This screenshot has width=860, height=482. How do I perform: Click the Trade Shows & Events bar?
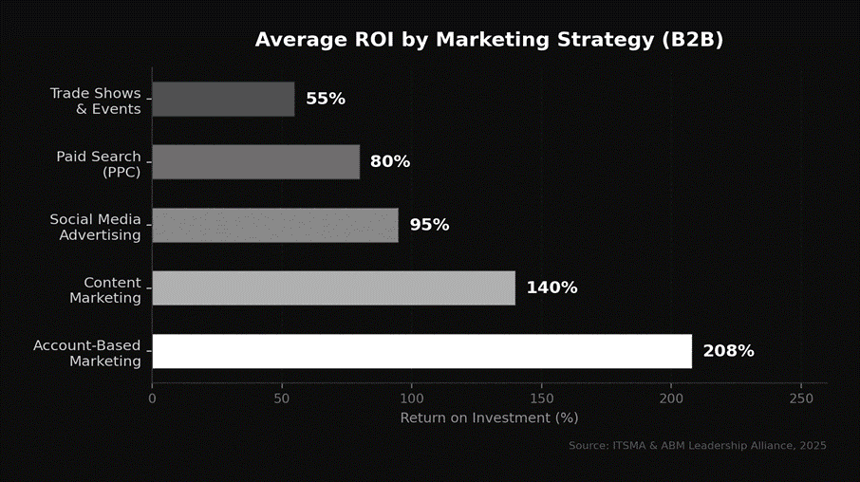coord(223,99)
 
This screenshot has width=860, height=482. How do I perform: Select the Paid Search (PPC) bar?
coord(255,162)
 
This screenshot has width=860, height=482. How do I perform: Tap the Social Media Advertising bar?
coord(275,225)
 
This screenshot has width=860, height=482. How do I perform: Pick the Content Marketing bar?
coord(333,288)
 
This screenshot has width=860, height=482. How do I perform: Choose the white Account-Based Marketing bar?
coord(421,351)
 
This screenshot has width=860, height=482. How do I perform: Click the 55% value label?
coord(326,99)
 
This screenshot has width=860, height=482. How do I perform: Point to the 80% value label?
coord(390,162)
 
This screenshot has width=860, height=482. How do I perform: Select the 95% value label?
coord(429,225)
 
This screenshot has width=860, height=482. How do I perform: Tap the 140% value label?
coord(552,288)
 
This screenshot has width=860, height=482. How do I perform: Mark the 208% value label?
coord(728,351)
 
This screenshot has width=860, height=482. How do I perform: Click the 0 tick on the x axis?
coord(152,399)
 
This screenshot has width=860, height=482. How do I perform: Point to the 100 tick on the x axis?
coord(412,399)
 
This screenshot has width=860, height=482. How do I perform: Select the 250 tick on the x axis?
coord(801,399)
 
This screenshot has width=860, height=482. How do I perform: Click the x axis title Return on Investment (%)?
coord(489,417)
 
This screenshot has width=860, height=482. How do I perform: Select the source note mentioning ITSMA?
coord(698,445)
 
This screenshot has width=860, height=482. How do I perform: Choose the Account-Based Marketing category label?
coord(87,352)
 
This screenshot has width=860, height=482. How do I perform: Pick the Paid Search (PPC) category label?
coord(99,163)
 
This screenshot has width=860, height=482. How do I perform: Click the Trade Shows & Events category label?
coord(95,101)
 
